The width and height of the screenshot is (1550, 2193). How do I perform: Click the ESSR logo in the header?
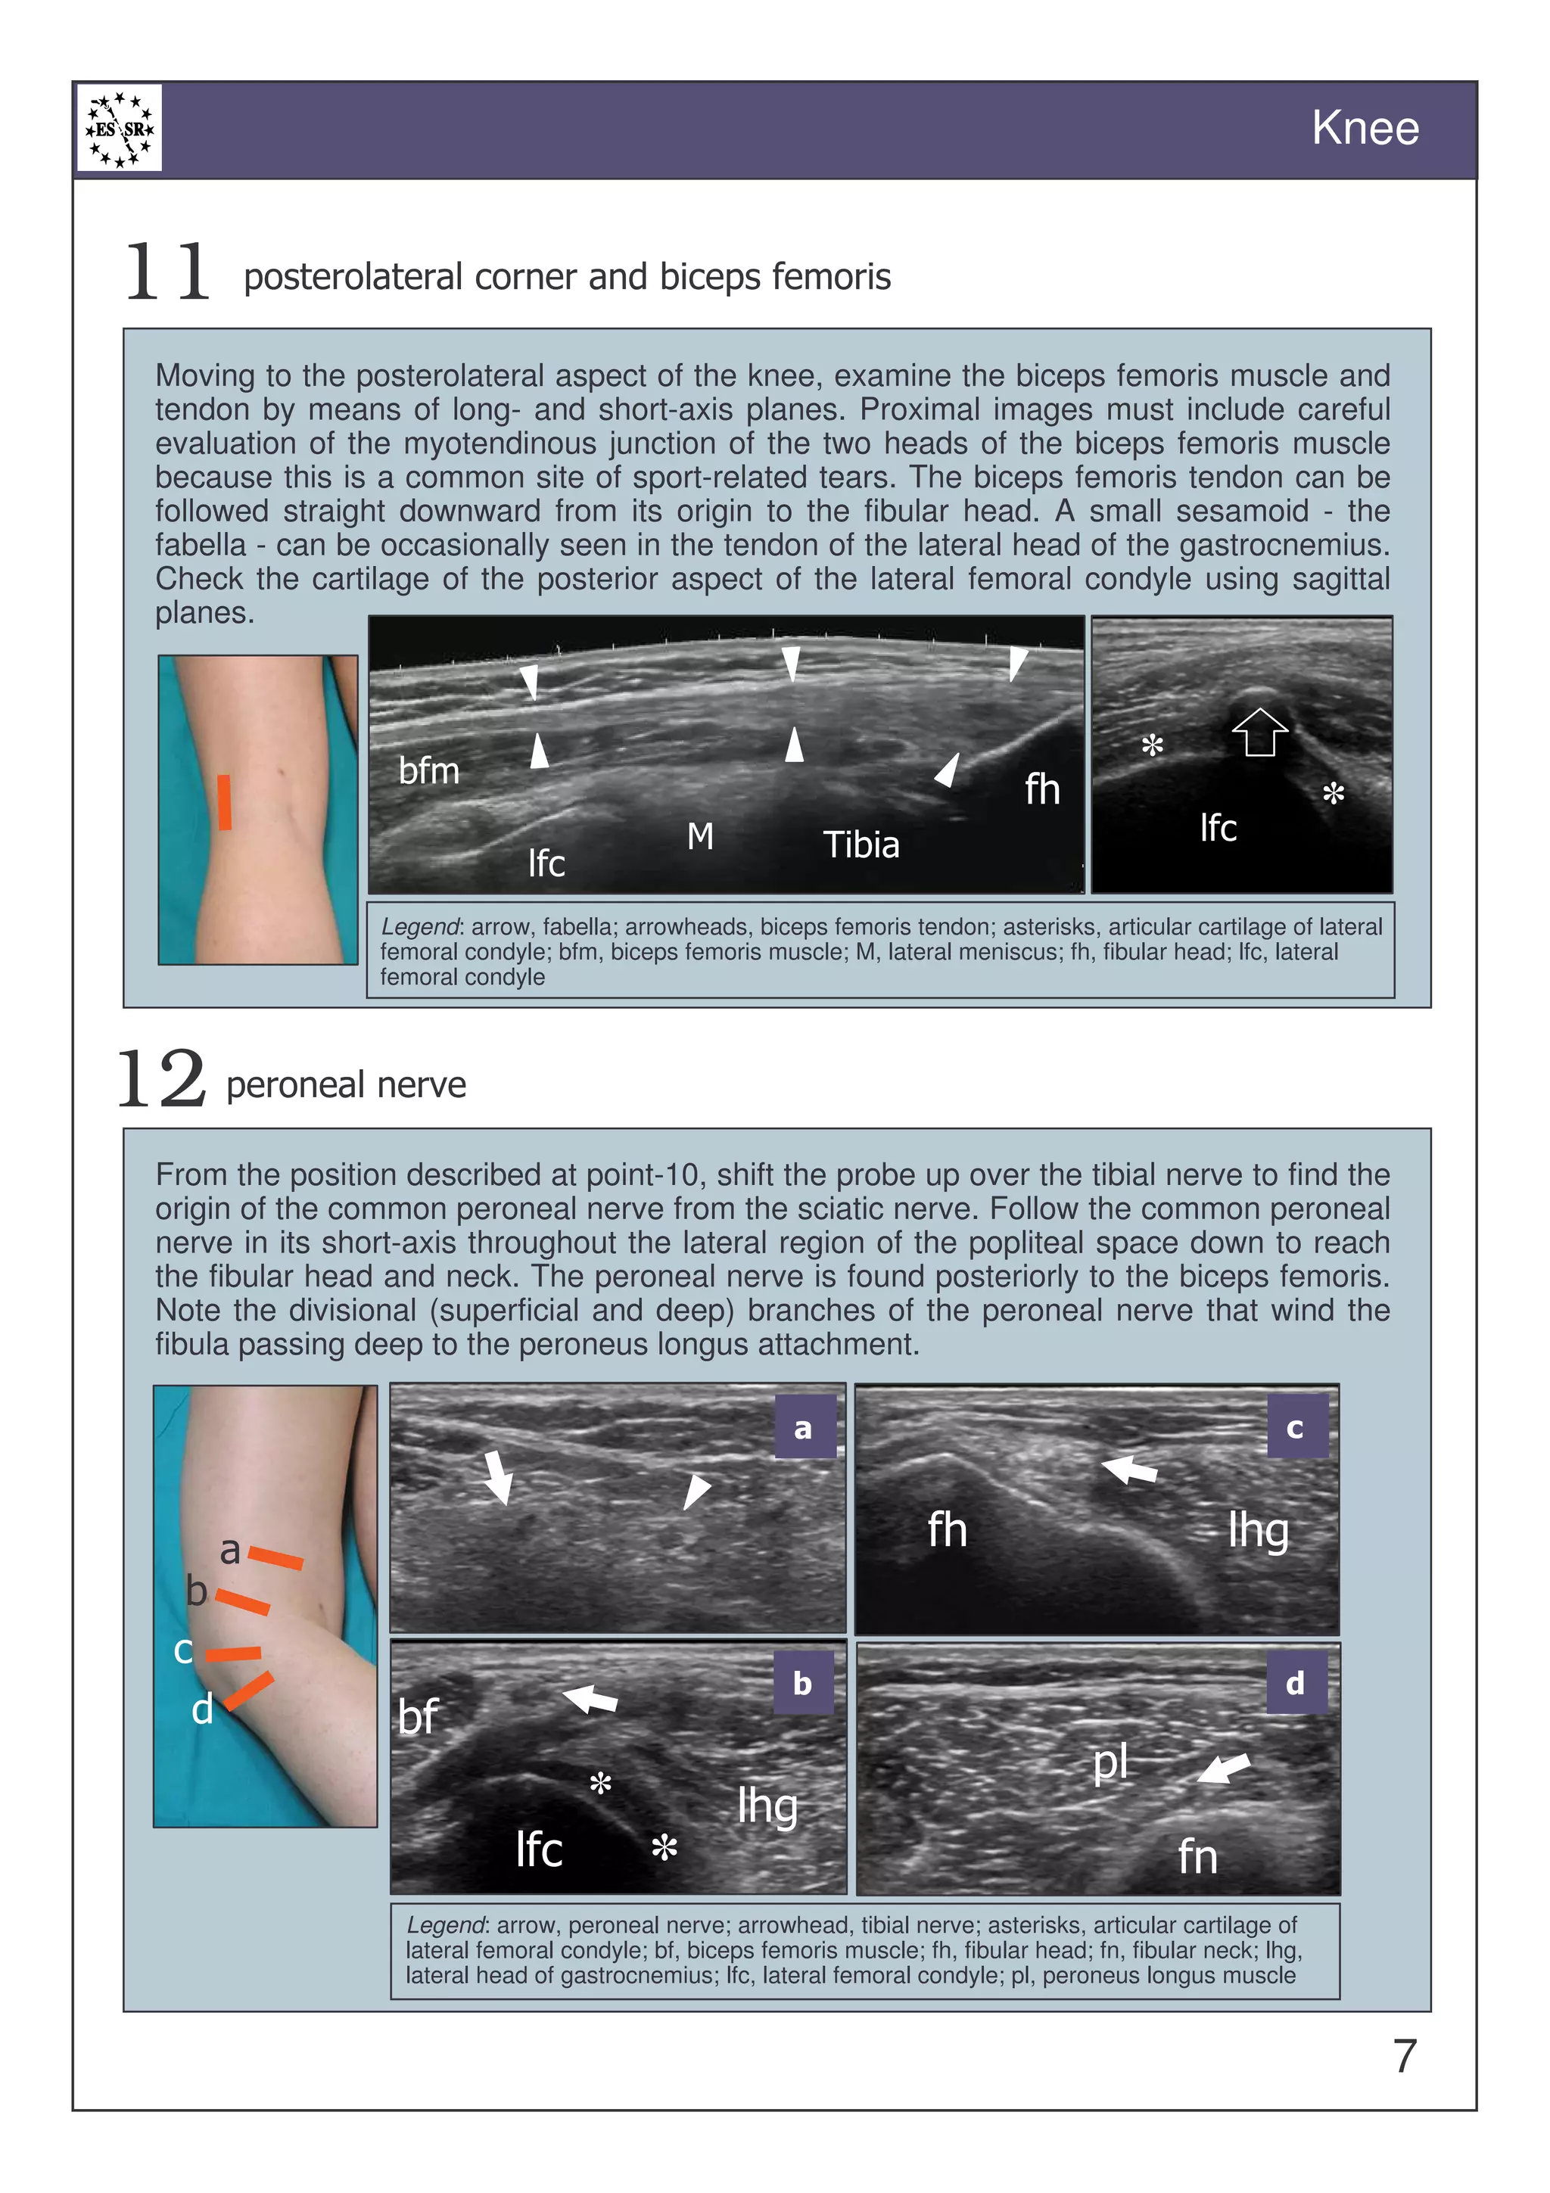[120, 128]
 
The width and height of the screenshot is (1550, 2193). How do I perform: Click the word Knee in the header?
[1365, 128]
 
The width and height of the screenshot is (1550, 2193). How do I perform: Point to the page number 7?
[1404, 2055]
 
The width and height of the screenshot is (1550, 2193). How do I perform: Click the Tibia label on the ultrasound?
[861, 845]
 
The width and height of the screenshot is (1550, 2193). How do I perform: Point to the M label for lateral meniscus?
[700, 837]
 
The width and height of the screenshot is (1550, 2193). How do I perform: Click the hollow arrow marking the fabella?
[1259, 731]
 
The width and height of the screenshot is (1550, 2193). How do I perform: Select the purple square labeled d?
[1295, 1682]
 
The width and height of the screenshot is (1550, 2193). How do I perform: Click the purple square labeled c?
[1296, 1427]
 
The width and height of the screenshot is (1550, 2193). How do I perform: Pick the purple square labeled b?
[803, 1683]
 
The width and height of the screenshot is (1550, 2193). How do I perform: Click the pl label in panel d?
[1111, 1763]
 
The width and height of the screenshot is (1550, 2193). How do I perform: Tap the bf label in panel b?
[417, 1716]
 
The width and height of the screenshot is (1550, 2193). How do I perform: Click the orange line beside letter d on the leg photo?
[249, 1690]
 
